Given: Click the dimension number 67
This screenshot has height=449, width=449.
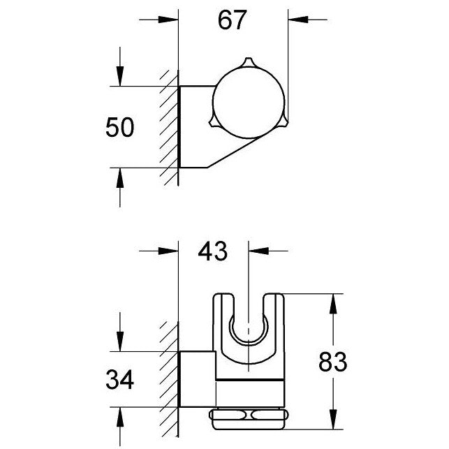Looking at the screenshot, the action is click(232, 20).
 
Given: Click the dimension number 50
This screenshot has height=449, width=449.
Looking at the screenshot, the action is click(119, 127).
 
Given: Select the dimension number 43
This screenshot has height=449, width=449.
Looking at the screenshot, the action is click(213, 251).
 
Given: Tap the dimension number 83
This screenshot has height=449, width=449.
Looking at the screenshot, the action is click(333, 362).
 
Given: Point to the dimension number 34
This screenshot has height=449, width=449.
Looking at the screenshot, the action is click(119, 380).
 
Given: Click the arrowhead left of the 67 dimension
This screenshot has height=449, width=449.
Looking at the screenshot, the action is click(168, 20).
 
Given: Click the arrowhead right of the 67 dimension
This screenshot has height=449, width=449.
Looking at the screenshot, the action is click(298, 20).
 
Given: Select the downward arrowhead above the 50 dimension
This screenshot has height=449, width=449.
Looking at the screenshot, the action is click(120, 76).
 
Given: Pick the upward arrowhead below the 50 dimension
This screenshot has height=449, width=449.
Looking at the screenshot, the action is click(120, 178).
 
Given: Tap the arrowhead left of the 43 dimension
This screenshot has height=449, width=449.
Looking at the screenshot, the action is click(168, 251).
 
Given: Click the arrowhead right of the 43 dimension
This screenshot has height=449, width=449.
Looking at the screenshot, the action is click(258, 251).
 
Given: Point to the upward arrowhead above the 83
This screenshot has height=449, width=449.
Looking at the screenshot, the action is click(333, 304).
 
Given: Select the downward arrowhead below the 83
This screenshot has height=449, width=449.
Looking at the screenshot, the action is click(333, 419).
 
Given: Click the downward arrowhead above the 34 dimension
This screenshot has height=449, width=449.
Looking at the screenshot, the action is click(120, 341).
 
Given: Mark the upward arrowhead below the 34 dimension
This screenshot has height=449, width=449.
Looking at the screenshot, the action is click(120, 417).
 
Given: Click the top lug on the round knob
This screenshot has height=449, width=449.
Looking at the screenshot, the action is click(248, 63).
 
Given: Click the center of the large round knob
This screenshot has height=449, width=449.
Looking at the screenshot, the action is click(249, 102).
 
